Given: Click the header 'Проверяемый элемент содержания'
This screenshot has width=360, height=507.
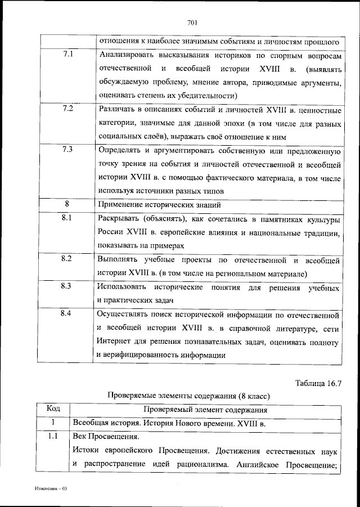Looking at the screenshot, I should tap(206, 410).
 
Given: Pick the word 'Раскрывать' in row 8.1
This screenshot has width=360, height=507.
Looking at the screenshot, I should tap(119, 218).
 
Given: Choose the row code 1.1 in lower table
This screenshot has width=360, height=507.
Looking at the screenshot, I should tap(52, 436).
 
